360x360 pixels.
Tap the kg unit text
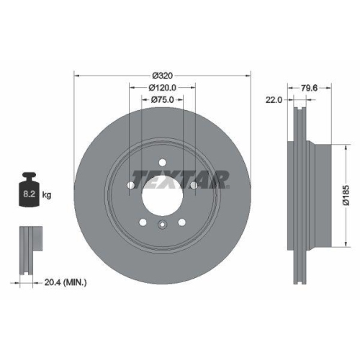pyautogui.click(x=48, y=195)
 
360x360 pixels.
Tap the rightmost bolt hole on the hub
pyautogui.click(x=195, y=186)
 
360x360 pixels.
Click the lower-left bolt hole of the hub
pyautogui.click(x=143, y=222)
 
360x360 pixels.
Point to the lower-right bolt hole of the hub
pyautogui.click(x=183, y=222)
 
